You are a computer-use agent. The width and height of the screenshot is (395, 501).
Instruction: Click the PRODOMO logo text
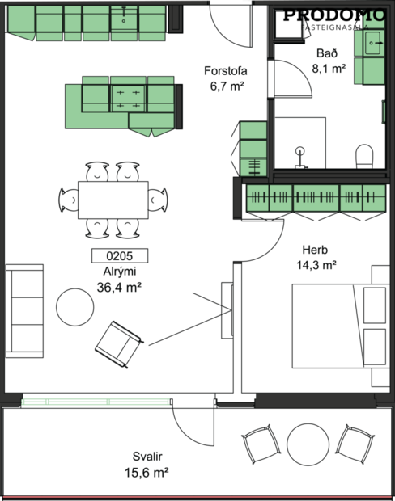(x=333, y=14)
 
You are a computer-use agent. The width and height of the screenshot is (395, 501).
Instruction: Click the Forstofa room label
(x=225, y=71)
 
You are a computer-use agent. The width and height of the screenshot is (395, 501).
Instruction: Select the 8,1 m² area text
(x=329, y=69)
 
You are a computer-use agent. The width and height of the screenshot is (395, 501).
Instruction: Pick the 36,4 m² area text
(x=120, y=287)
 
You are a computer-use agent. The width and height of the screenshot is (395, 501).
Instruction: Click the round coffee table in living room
(x=75, y=306)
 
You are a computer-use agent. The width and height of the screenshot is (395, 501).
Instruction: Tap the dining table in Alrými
(x=113, y=199)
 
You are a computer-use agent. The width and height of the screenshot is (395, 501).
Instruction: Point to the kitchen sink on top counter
(x=125, y=17)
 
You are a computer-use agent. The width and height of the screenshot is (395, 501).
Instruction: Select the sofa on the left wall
(x=24, y=309)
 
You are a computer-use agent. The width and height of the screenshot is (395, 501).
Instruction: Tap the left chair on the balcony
(x=260, y=446)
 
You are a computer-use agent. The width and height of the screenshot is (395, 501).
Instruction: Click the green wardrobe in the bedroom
(x=314, y=199)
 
